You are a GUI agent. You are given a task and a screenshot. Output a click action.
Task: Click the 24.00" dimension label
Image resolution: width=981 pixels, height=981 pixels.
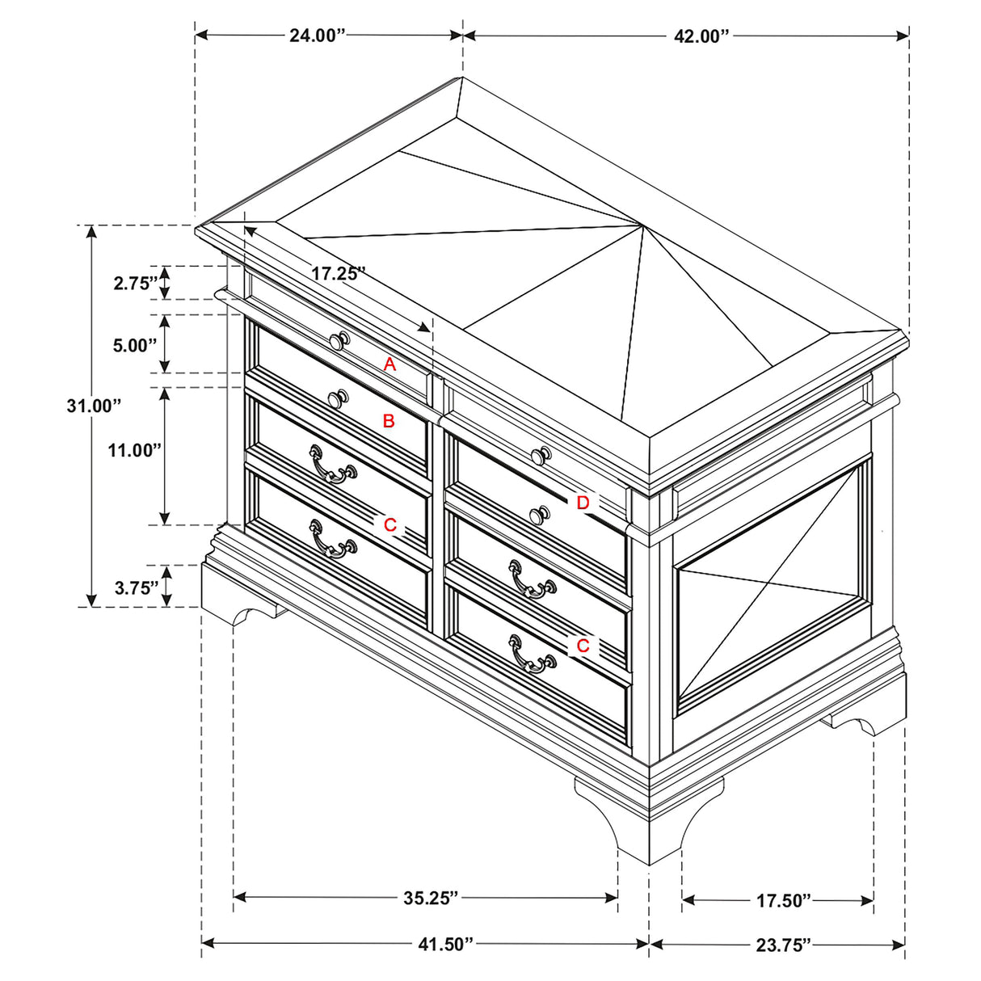click(318, 36)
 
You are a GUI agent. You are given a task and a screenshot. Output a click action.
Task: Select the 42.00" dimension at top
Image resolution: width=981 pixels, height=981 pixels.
click(701, 36)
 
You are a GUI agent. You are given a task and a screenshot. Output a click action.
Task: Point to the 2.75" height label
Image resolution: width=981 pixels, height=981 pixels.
click(136, 284)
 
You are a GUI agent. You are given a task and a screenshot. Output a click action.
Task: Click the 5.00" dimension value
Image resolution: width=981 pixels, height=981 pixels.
click(134, 345)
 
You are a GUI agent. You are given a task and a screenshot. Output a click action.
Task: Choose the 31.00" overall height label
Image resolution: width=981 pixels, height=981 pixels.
click(94, 406)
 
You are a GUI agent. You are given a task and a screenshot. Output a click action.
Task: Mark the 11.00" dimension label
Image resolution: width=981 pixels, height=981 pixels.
click(136, 451)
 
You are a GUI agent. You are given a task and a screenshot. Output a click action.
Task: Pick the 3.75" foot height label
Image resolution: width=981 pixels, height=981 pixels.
click(136, 588)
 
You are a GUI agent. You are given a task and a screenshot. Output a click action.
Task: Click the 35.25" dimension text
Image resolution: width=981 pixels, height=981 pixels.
click(432, 897)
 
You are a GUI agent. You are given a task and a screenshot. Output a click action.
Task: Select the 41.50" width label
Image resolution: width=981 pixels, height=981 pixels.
click(445, 944)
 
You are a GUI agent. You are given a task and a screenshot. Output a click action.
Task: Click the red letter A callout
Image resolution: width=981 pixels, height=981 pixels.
click(389, 364)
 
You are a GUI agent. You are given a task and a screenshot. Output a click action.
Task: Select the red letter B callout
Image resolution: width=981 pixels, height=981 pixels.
click(388, 421)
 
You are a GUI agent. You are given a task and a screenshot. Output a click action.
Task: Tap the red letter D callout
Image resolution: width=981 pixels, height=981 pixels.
click(583, 503)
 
